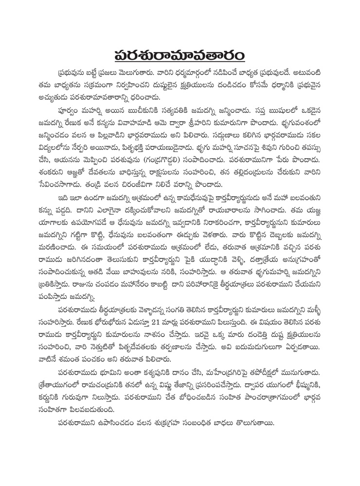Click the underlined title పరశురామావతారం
click(x=180, y=53)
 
